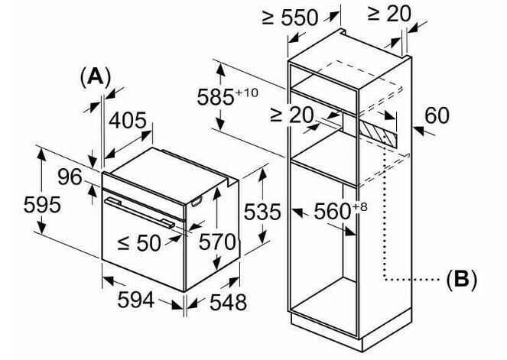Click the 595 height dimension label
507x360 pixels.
point(42,205)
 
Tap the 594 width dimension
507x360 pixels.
point(135,300)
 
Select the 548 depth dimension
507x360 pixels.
point(229,302)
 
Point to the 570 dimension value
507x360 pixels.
point(217,242)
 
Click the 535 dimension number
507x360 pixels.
point(262,212)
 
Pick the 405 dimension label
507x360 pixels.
point(128,121)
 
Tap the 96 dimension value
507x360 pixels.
point(70,177)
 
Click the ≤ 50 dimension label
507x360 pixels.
point(139,242)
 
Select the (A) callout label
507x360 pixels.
point(96,77)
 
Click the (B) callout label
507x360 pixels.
point(461,279)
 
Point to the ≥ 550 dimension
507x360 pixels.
point(290,18)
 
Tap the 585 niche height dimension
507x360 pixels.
point(216,97)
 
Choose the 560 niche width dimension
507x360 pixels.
point(333,212)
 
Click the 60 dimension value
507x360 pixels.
point(437,115)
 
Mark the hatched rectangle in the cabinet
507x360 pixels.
point(377,135)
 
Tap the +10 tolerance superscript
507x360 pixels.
point(247,92)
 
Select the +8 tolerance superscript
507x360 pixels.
point(360,206)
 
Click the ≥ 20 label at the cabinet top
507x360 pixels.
point(389,14)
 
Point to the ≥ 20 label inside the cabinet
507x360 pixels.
point(292,115)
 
